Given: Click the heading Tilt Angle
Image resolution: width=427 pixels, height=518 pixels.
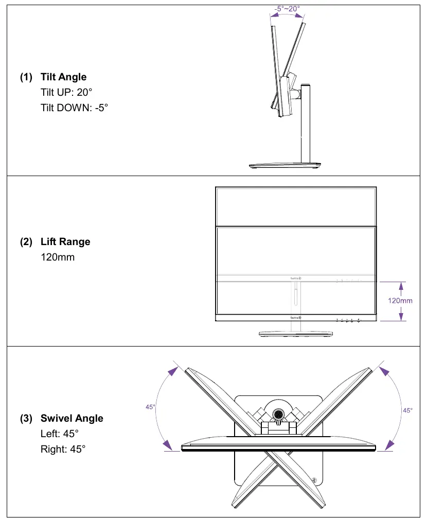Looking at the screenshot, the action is [x=63, y=77].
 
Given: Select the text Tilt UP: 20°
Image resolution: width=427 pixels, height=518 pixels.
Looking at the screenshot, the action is [x=66, y=92].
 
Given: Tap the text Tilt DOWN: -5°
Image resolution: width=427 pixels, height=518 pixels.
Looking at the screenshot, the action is [x=74, y=108].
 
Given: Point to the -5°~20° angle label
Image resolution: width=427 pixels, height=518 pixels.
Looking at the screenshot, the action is [x=287, y=9].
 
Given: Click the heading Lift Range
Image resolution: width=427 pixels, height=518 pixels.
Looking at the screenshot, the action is [x=65, y=241].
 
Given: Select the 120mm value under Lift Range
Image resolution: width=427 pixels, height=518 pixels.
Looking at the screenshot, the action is [x=58, y=257].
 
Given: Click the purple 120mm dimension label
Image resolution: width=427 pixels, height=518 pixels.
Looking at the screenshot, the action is [x=400, y=301].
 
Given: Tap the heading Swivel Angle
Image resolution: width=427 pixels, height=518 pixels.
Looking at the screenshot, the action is [x=72, y=418].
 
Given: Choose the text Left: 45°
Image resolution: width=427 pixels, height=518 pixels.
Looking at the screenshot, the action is [x=60, y=434].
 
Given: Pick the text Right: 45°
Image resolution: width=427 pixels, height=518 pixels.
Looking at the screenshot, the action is [x=63, y=450].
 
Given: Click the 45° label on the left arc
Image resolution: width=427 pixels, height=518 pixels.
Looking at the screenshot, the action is [x=150, y=407].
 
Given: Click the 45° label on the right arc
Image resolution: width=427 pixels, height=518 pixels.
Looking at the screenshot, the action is [x=407, y=410].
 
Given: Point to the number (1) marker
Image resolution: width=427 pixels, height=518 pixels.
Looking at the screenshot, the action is [x=26, y=77].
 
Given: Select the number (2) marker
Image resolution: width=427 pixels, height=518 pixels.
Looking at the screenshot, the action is [x=26, y=242].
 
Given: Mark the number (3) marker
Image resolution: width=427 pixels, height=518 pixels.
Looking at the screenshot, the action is [x=26, y=419].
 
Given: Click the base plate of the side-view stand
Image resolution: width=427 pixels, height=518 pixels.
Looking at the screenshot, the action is [x=285, y=165].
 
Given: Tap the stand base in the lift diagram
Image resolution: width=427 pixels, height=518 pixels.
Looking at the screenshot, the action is [x=296, y=334].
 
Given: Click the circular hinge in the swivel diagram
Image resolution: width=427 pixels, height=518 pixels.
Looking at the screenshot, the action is [x=277, y=414].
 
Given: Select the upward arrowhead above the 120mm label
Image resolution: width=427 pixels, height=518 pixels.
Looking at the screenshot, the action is [x=401, y=286].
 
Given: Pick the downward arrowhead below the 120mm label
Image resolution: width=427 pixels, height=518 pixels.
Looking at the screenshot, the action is [x=401, y=317].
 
